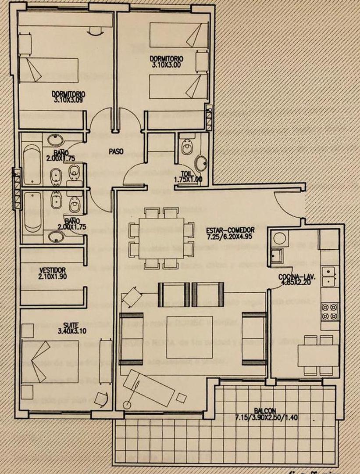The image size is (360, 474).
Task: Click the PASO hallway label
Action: coord(117,151)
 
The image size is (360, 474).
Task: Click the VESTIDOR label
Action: coord(53,270)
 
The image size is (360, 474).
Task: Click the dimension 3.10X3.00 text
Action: coord(166,64)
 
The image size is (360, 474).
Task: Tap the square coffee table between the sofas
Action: coord(182,337)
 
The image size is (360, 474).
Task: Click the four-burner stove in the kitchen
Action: coord(329,311)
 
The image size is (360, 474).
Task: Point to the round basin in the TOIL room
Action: coord(202,163)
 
